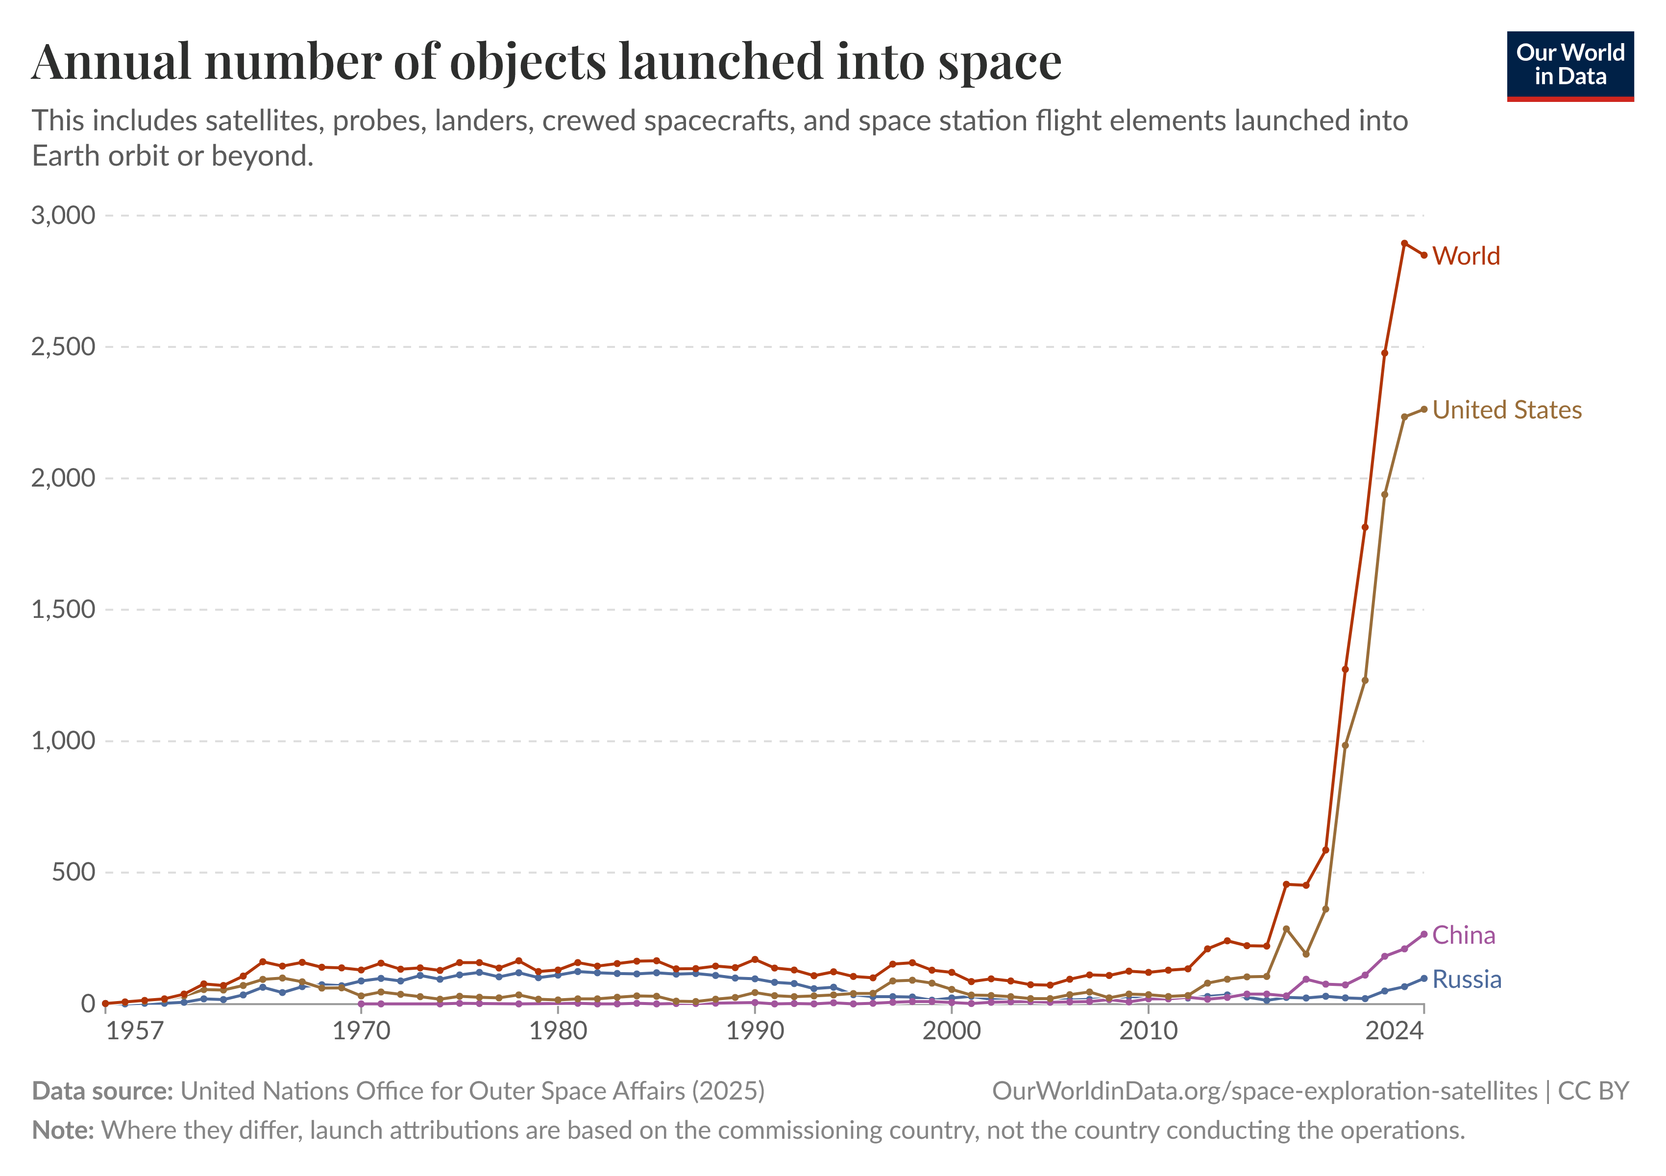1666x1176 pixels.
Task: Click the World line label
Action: coord(1466,256)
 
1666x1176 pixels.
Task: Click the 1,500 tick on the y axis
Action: coord(63,610)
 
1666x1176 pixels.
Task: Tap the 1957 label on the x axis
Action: coord(134,1031)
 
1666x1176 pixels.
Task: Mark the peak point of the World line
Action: coord(1404,243)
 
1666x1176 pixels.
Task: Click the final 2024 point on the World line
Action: coord(1423,255)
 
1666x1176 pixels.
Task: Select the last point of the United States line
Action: coord(1423,409)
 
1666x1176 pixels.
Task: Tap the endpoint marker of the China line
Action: coord(1423,934)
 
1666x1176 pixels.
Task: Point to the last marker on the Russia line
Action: coord(1423,979)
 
